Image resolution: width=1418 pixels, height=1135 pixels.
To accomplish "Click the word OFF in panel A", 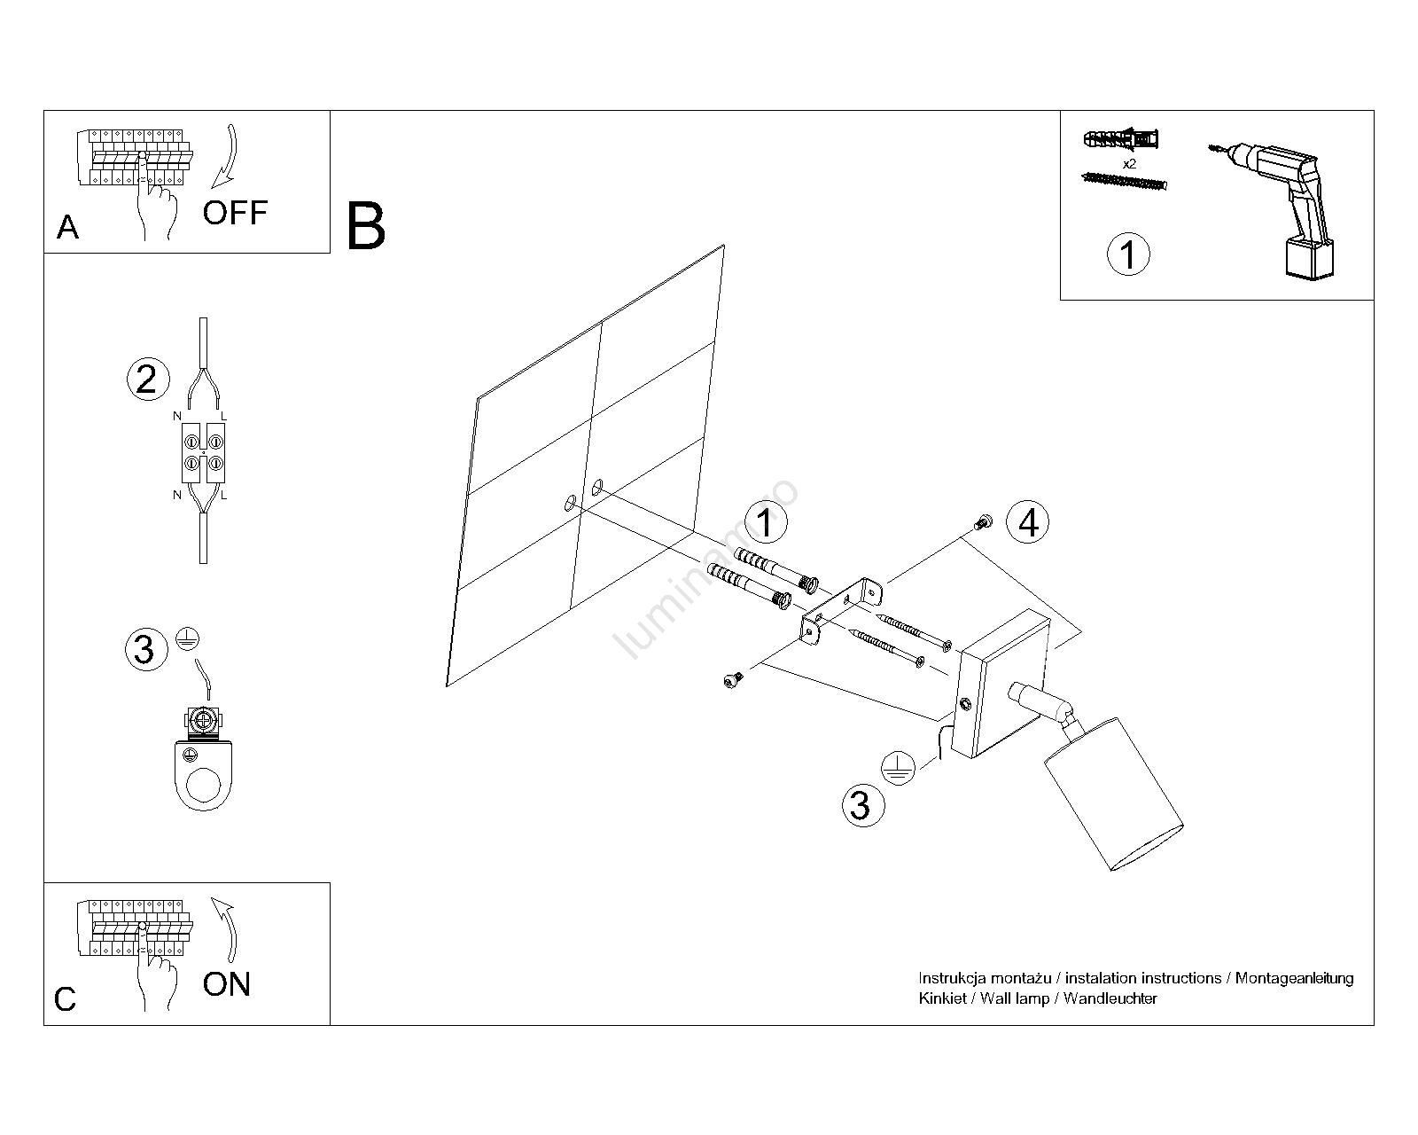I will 235,213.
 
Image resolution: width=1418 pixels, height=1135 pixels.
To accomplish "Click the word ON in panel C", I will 227,984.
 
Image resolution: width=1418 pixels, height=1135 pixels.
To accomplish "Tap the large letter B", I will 366,226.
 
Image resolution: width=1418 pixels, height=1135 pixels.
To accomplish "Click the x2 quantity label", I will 1129,165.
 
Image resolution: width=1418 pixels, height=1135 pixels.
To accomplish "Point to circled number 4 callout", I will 1028,522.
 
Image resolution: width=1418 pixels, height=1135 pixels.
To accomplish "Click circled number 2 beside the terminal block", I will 146,380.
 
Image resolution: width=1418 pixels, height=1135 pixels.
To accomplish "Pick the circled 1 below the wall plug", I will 1128,254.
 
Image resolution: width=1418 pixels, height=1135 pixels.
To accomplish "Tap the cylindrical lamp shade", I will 1113,807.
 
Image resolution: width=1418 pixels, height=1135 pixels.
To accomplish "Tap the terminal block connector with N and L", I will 204,452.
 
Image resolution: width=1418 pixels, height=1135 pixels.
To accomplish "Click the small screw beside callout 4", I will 982,523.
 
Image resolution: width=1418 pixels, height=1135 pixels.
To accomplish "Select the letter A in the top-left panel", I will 67,228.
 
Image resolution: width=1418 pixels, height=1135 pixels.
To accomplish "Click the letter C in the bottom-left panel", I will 66,999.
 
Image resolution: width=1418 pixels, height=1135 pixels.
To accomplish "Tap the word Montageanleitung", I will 1294,978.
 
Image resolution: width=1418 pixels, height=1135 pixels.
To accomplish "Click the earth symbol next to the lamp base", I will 896,765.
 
